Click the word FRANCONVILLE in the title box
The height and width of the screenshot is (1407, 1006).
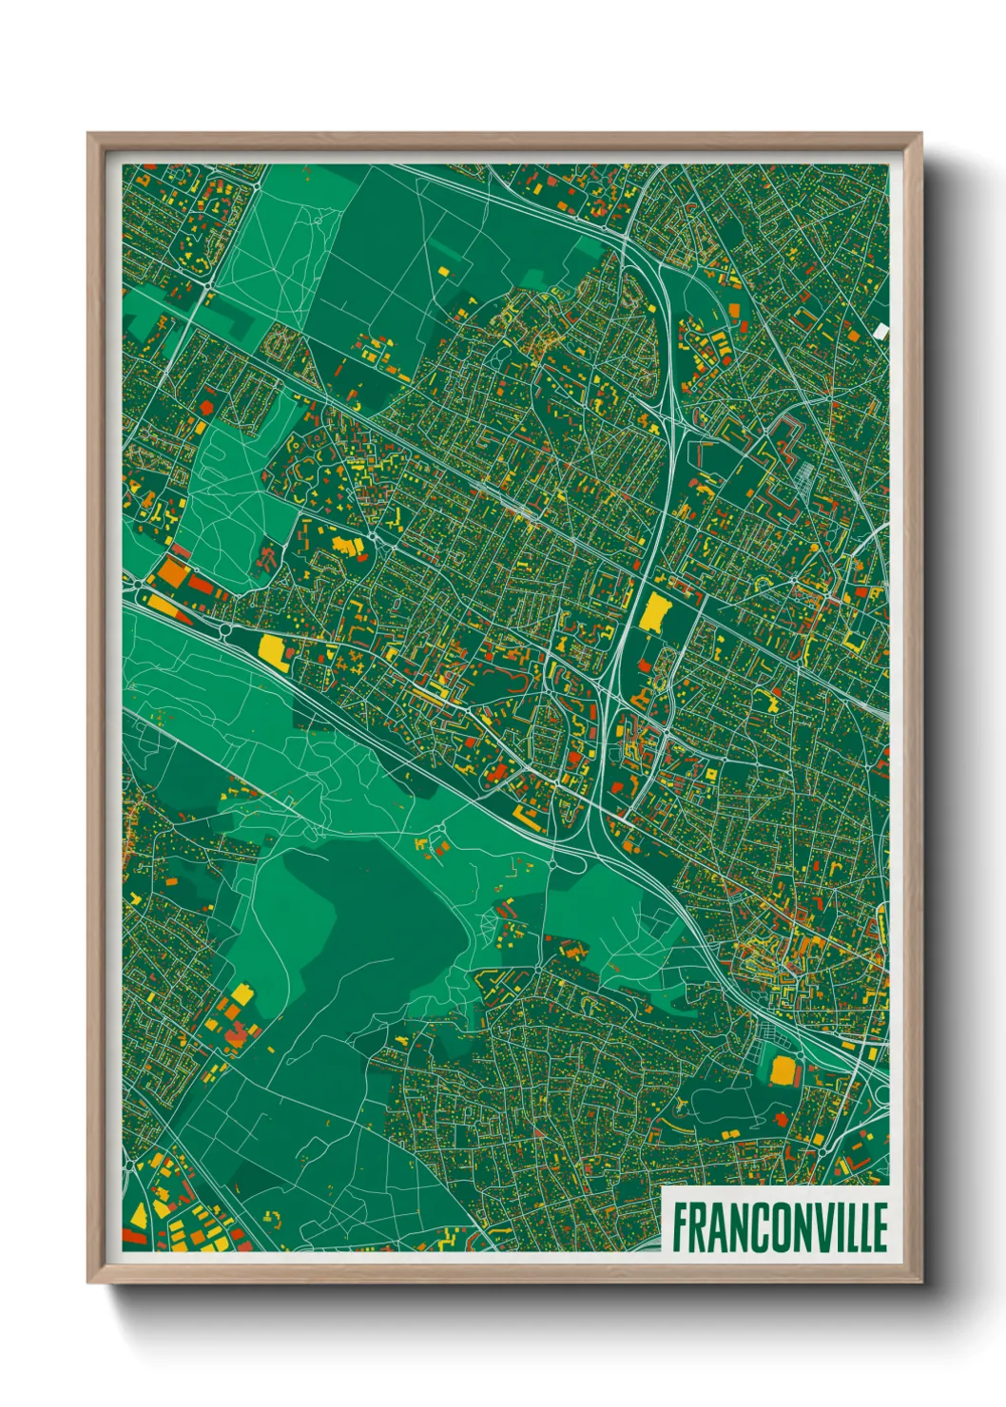coord(780,1227)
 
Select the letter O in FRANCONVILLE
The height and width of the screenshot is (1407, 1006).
coord(773,1227)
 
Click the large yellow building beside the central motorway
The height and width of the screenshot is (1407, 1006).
coord(653,613)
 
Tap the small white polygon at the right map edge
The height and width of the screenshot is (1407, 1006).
coord(880,331)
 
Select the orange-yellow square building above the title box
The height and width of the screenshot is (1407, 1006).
coord(783,1070)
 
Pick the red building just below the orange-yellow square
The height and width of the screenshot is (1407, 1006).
coord(782,1119)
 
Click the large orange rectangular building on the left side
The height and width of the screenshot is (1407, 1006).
coord(173,573)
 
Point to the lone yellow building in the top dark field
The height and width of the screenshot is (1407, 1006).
coord(442,271)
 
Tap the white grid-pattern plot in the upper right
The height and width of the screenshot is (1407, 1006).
coord(804,472)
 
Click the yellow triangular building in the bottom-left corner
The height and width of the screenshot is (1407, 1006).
coord(139,1216)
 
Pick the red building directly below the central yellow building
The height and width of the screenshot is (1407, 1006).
coord(647,664)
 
